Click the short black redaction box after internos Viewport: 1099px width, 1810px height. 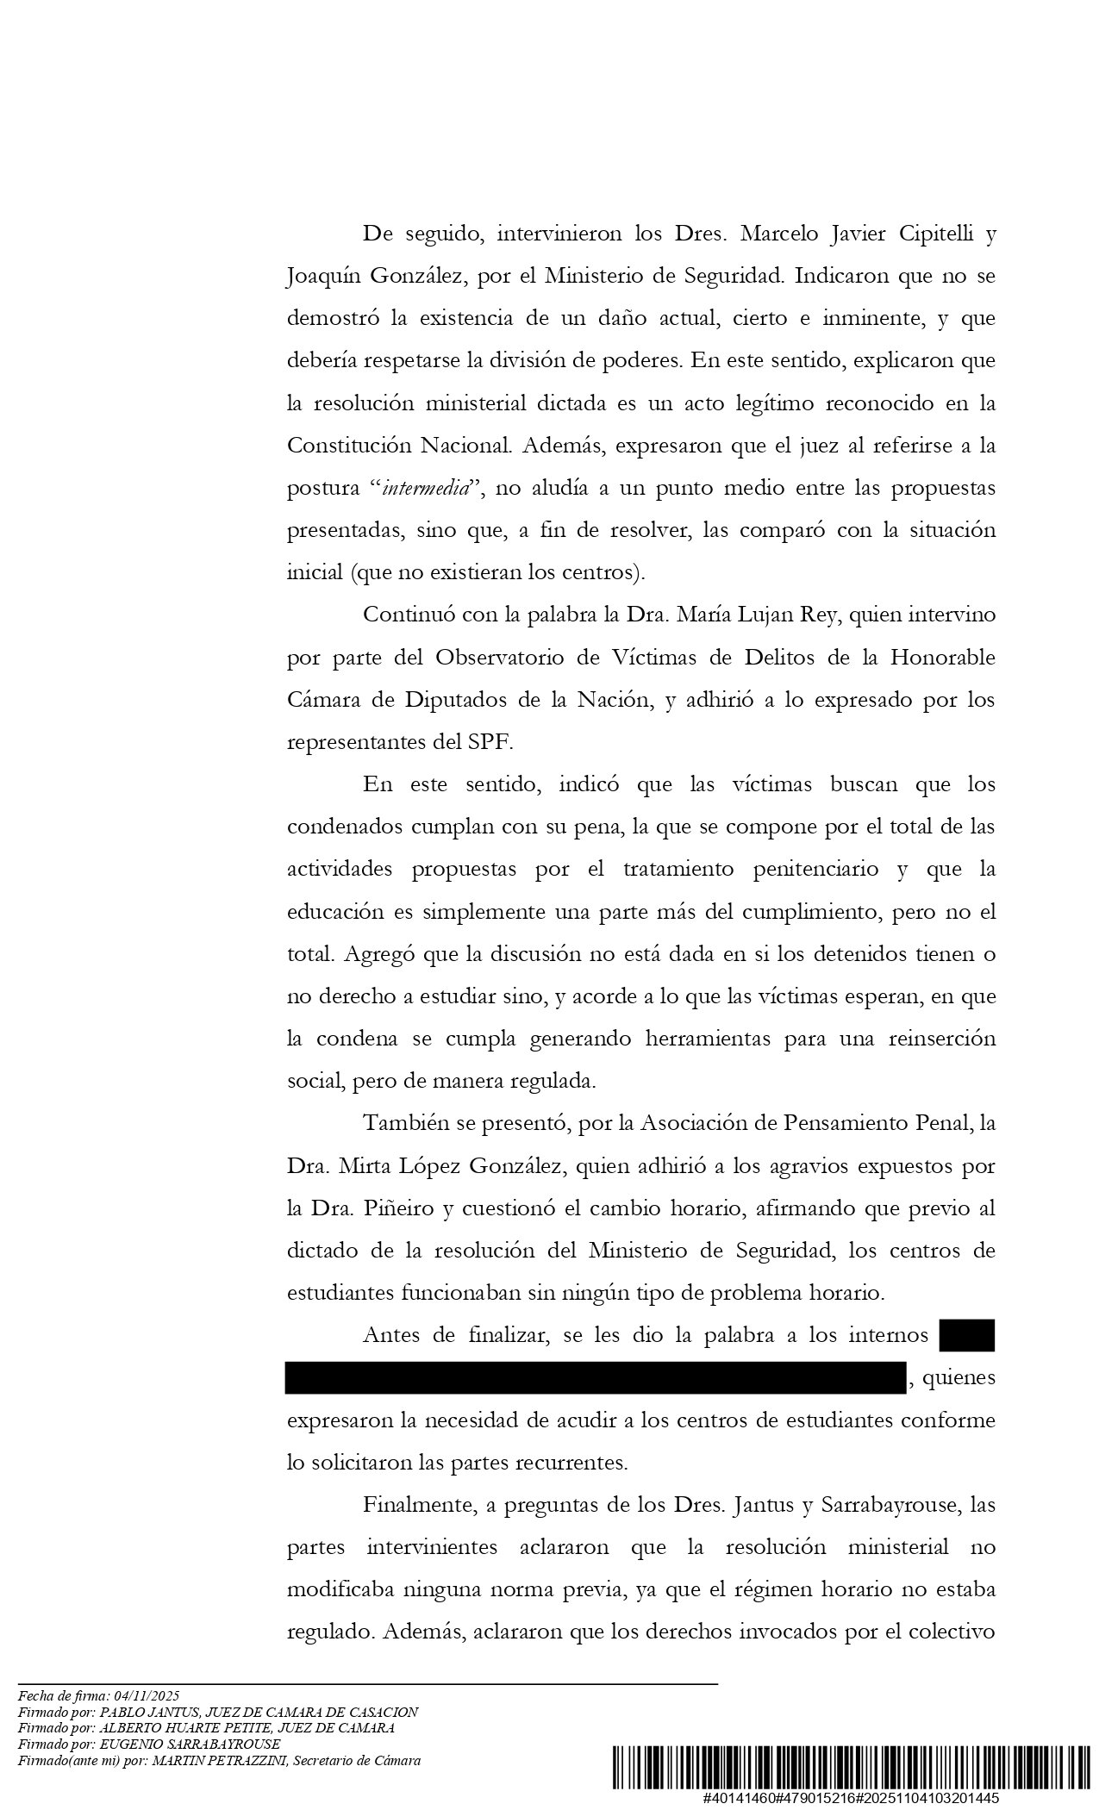click(x=967, y=1335)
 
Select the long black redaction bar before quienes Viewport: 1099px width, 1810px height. click(x=596, y=1377)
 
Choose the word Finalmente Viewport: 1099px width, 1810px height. click(x=415, y=1505)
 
